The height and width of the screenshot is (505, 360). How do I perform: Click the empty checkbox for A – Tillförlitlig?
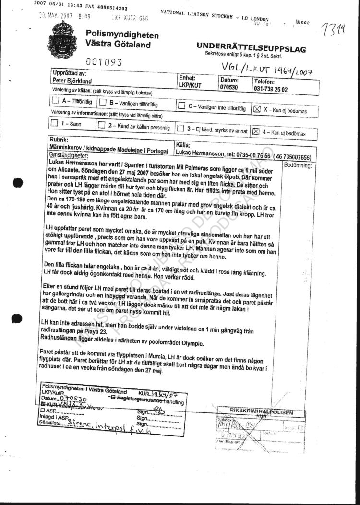click(55, 101)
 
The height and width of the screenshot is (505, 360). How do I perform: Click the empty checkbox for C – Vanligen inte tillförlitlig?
click(181, 106)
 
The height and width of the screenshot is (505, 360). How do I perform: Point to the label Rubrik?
click(59, 140)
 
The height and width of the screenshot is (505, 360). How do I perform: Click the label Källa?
click(184, 144)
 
